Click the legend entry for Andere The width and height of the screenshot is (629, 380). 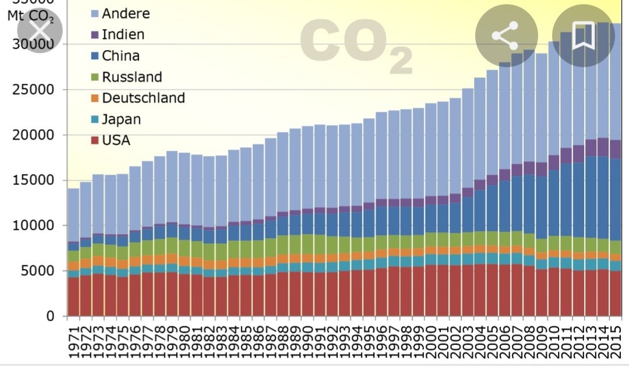tap(125, 13)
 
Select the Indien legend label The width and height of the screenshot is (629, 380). tap(122, 34)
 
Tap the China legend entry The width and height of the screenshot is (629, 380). tap(120, 56)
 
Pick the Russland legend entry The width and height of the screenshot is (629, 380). tap(131, 77)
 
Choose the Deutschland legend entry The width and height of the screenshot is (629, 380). tap(143, 98)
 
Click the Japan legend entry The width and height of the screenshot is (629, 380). tap(121, 119)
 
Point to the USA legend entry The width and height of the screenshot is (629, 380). tap(115, 140)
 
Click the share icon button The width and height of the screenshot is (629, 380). tap(504, 36)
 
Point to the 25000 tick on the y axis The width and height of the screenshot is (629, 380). tap(32, 90)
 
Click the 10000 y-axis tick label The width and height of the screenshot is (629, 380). tap(32, 225)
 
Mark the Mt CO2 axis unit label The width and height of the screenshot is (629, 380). tap(30, 16)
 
